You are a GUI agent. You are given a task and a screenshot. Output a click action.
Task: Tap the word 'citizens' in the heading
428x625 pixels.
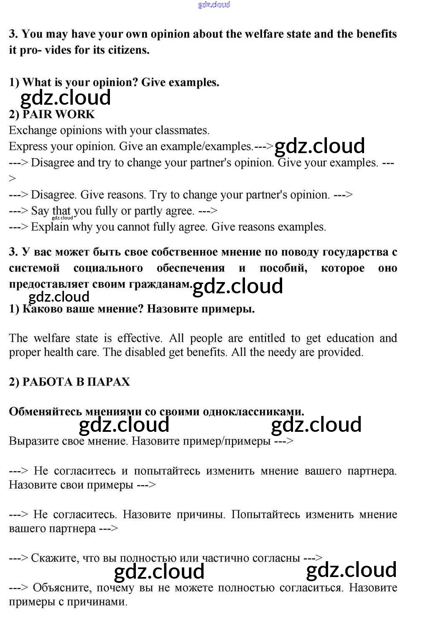click(127, 50)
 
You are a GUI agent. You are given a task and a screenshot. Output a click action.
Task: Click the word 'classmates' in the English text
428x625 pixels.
click(181, 130)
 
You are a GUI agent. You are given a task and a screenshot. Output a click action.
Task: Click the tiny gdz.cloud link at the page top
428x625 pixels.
click(214, 5)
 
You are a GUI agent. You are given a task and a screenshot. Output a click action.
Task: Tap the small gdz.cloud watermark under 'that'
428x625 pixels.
click(62, 218)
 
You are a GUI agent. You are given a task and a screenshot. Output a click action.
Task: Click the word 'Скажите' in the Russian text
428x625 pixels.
click(55, 558)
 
